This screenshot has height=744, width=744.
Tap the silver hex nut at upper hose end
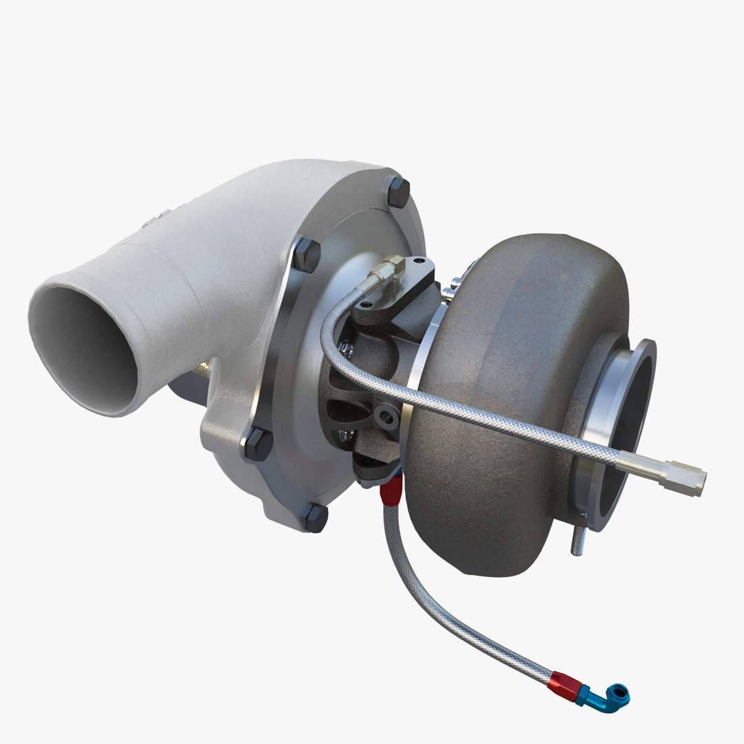coord(682,476)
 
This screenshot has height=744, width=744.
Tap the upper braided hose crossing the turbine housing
coord(482,413)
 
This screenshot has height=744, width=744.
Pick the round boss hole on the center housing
coord(388,415)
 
